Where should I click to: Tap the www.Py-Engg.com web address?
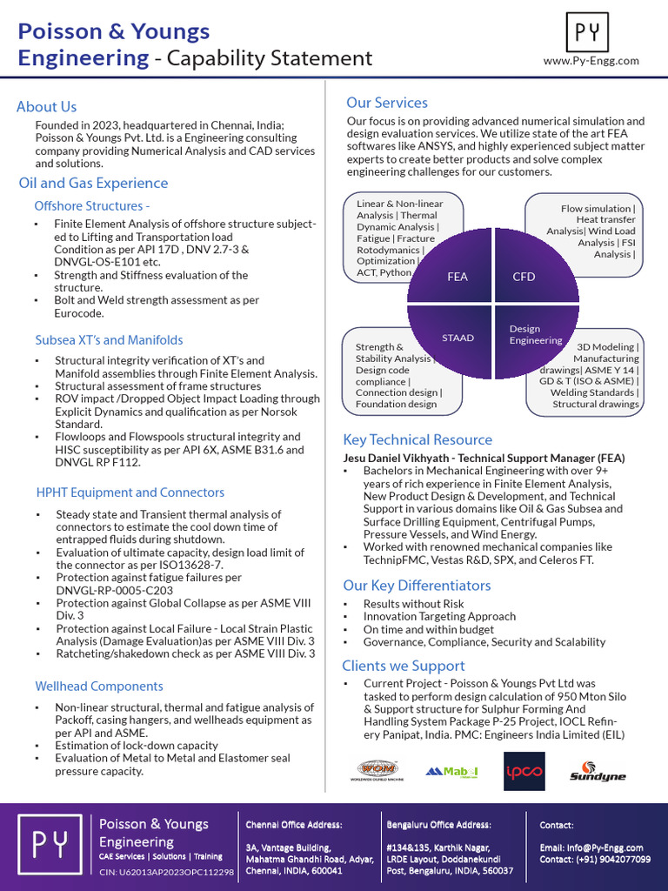tap(591, 61)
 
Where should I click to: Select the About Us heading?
tap(47, 107)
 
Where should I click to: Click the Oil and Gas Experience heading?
tap(93, 183)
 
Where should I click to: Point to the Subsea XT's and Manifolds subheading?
tap(109, 339)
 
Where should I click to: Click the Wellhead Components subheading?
tap(99, 687)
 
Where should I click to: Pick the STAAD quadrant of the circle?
tap(458, 337)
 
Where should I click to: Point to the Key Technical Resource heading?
tap(417, 439)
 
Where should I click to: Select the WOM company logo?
tap(377, 770)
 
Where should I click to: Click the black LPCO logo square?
tap(524, 771)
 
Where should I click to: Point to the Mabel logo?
tap(451, 771)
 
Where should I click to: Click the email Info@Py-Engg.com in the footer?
tap(604, 847)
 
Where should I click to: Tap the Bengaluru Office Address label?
tap(438, 824)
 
